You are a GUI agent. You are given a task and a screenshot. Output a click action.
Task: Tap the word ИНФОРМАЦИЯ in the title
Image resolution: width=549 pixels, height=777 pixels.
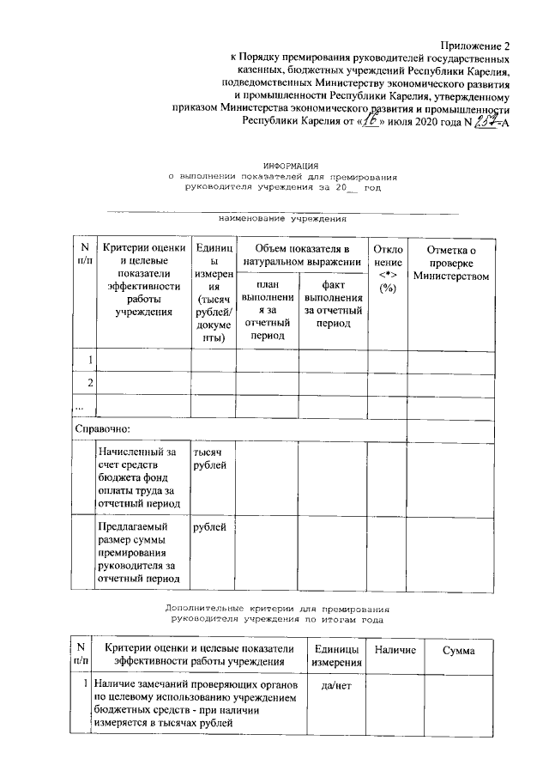tap(291, 164)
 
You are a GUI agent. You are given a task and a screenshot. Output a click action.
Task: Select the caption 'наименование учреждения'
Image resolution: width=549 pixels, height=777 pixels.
tap(283, 218)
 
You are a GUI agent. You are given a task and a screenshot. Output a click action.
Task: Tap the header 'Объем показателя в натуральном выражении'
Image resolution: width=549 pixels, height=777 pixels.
tap(300, 255)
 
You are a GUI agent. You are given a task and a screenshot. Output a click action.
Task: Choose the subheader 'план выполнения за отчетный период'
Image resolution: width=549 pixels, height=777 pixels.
tap(267, 309)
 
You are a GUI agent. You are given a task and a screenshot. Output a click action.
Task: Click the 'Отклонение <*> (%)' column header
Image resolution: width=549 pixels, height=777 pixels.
tap(388, 268)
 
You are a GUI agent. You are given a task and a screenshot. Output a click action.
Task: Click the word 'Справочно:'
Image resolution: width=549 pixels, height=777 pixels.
tap(102, 427)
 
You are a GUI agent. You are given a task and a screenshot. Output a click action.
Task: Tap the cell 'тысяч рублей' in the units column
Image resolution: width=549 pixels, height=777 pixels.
tap(211, 458)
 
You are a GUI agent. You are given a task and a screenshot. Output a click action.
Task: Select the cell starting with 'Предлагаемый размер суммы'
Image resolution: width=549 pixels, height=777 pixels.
tap(141, 551)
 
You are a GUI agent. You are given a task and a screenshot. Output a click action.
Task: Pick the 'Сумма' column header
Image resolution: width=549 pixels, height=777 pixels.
tap(458, 652)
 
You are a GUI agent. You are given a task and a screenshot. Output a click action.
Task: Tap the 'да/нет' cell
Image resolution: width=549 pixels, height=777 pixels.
tap(333, 686)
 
